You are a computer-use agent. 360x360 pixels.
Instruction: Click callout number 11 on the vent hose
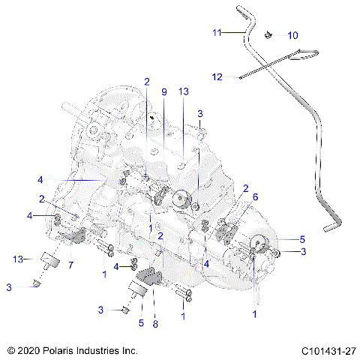pos(217,33)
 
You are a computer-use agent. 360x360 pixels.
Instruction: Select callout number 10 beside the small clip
pos(292,35)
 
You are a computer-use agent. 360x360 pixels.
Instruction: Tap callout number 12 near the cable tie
pos(217,76)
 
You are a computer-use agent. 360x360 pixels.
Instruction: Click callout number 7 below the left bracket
pos(70,265)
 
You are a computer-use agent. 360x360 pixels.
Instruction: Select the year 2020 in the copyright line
pos(29,349)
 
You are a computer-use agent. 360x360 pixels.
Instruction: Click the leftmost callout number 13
pos(17,259)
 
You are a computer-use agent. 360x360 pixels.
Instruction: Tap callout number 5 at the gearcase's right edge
pos(302,239)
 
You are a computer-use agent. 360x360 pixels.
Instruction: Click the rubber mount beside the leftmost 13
pos(51,261)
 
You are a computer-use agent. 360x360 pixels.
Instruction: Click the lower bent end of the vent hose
pos(330,225)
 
